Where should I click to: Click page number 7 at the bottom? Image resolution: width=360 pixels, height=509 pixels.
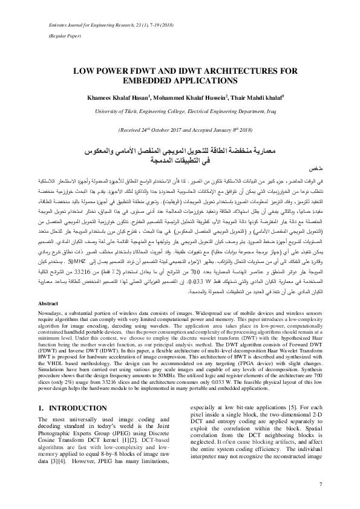point(320,484)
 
